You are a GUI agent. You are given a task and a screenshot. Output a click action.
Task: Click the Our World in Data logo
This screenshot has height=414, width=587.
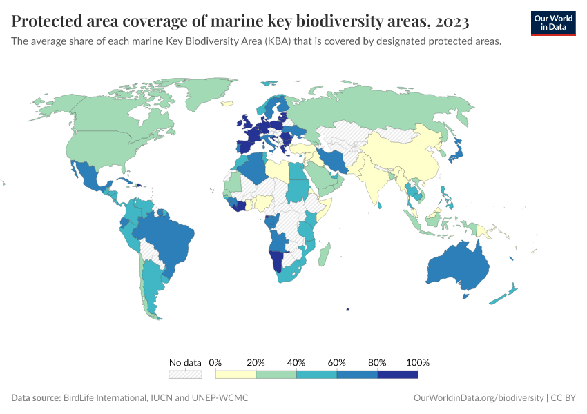[552, 23]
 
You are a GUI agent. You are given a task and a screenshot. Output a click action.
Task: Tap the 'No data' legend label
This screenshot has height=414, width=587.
[185, 362]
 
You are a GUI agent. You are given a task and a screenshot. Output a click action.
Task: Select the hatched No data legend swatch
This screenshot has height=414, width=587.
[185, 374]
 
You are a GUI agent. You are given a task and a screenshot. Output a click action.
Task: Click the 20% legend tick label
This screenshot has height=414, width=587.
[256, 362]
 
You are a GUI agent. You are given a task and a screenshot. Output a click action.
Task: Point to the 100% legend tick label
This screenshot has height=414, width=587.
[418, 362]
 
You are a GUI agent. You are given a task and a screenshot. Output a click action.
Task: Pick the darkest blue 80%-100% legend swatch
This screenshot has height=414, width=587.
[397, 374]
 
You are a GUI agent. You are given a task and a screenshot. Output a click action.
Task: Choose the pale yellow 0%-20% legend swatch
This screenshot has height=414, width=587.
[235, 374]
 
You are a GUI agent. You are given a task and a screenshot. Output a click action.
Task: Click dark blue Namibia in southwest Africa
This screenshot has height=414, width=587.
[276, 261]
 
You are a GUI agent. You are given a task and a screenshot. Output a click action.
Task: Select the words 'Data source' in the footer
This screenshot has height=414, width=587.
[35, 398]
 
